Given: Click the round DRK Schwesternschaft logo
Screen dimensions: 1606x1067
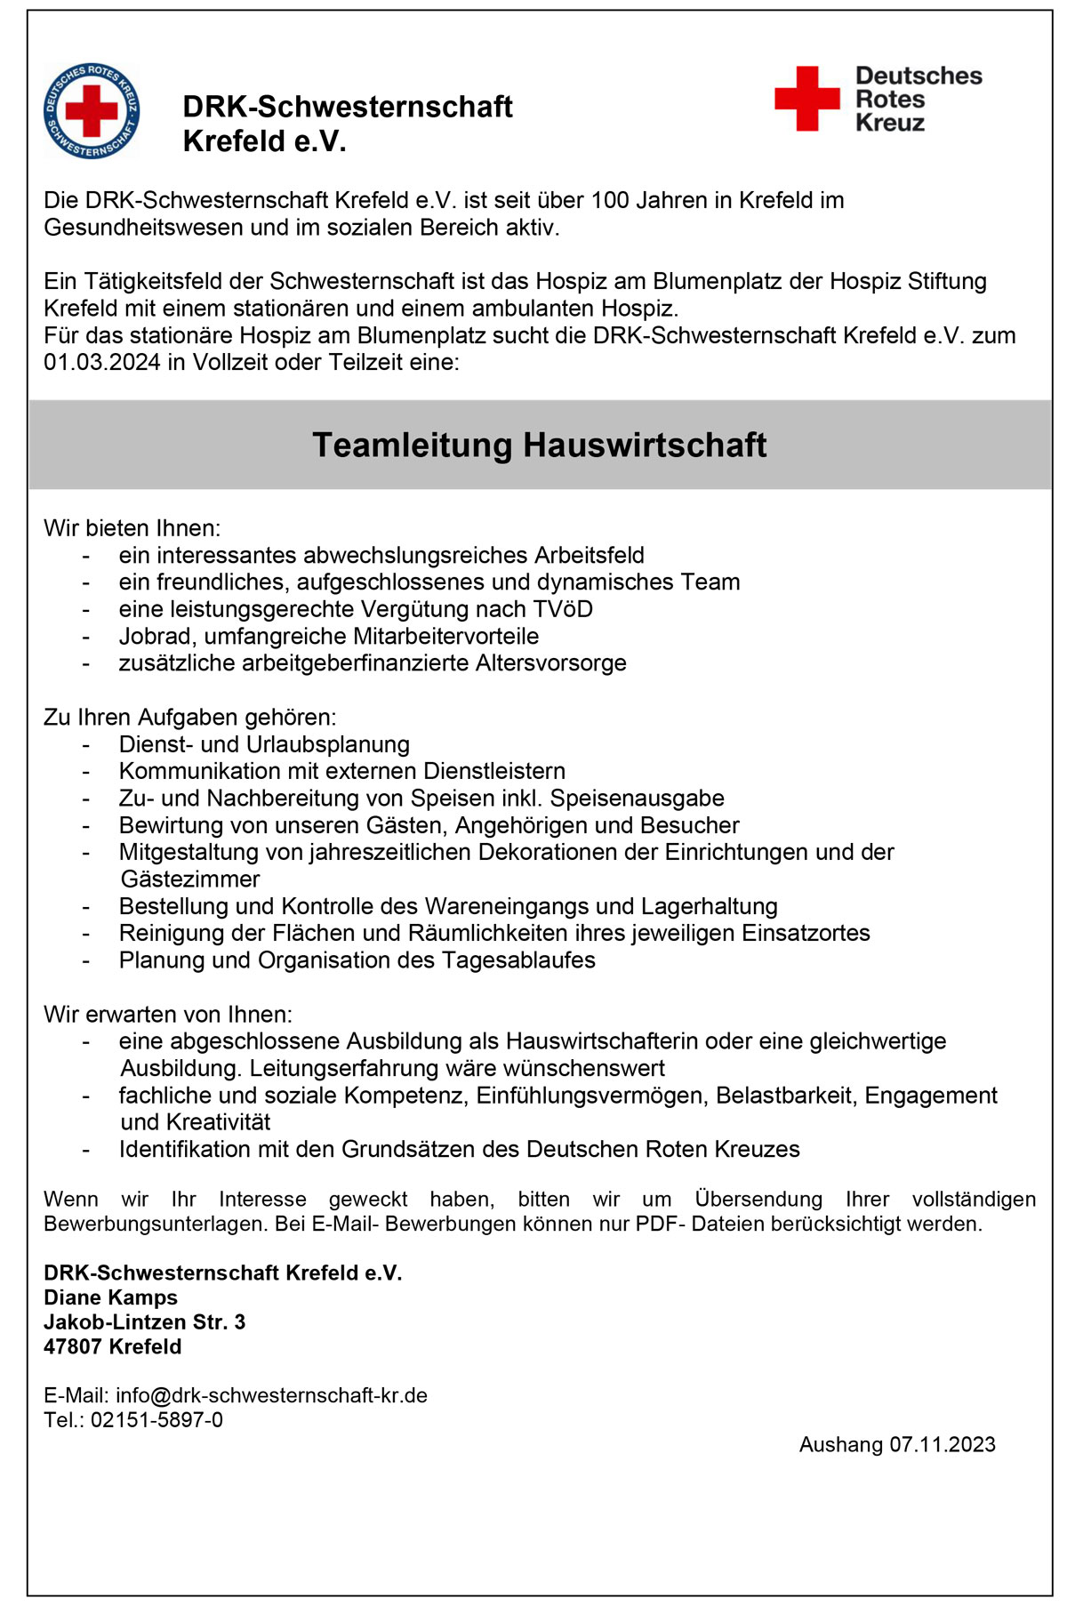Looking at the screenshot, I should pyautogui.click(x=92, y=111).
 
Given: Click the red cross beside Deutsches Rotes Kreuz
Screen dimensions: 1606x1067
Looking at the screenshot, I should pyautogui.click(x=806, y=98).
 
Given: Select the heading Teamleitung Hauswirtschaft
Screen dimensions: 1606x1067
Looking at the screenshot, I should pyautogui.click(x=539, y=445).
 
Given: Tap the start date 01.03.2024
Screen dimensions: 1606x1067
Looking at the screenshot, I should pyautogui.click(x=102, y=362).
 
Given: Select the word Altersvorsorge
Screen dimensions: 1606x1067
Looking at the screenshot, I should pyautogui.click(x=551, y=662).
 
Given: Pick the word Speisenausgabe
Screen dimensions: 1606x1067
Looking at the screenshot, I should pyautogui.click(x=638, y=799).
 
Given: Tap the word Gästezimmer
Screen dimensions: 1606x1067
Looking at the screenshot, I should pyautogui.click(x=190, y=879).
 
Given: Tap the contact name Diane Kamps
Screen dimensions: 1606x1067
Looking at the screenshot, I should pyautogui.click(x=110, y=1297).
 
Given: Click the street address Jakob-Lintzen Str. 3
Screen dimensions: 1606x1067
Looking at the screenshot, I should pyautogui.click(x=144, y=1322).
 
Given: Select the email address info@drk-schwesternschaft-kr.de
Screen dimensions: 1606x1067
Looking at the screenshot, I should pyautogui.click(x=271, y=1395).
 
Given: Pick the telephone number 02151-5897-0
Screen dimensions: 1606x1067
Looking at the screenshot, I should pyautogui.click(x=156, y=1420).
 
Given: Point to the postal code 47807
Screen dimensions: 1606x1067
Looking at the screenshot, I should pyautogui.click(x=71, y=1346).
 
